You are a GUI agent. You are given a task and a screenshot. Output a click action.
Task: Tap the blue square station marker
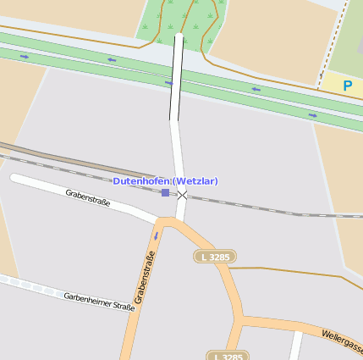tap(165, 193)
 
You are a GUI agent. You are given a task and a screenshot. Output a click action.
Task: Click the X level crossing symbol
tap(182, 195)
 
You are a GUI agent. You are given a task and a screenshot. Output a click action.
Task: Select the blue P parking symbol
tap(347, 86)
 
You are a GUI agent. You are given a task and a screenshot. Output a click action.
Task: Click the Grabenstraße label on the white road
tap(88, 197)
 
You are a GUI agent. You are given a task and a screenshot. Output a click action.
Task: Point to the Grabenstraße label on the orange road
tap(146, 278)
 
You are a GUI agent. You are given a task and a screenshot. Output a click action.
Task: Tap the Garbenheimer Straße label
tap(99, 302)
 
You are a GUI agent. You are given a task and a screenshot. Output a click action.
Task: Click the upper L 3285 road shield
tap(215, 256)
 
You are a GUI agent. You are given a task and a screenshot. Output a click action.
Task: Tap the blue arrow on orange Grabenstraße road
tap(156, 235)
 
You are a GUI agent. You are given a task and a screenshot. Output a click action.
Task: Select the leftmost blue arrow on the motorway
tap(25, 57)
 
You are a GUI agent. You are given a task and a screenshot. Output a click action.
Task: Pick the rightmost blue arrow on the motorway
tap(312, 115)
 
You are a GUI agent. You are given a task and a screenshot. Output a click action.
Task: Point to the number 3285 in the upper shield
tap(219, 256)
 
